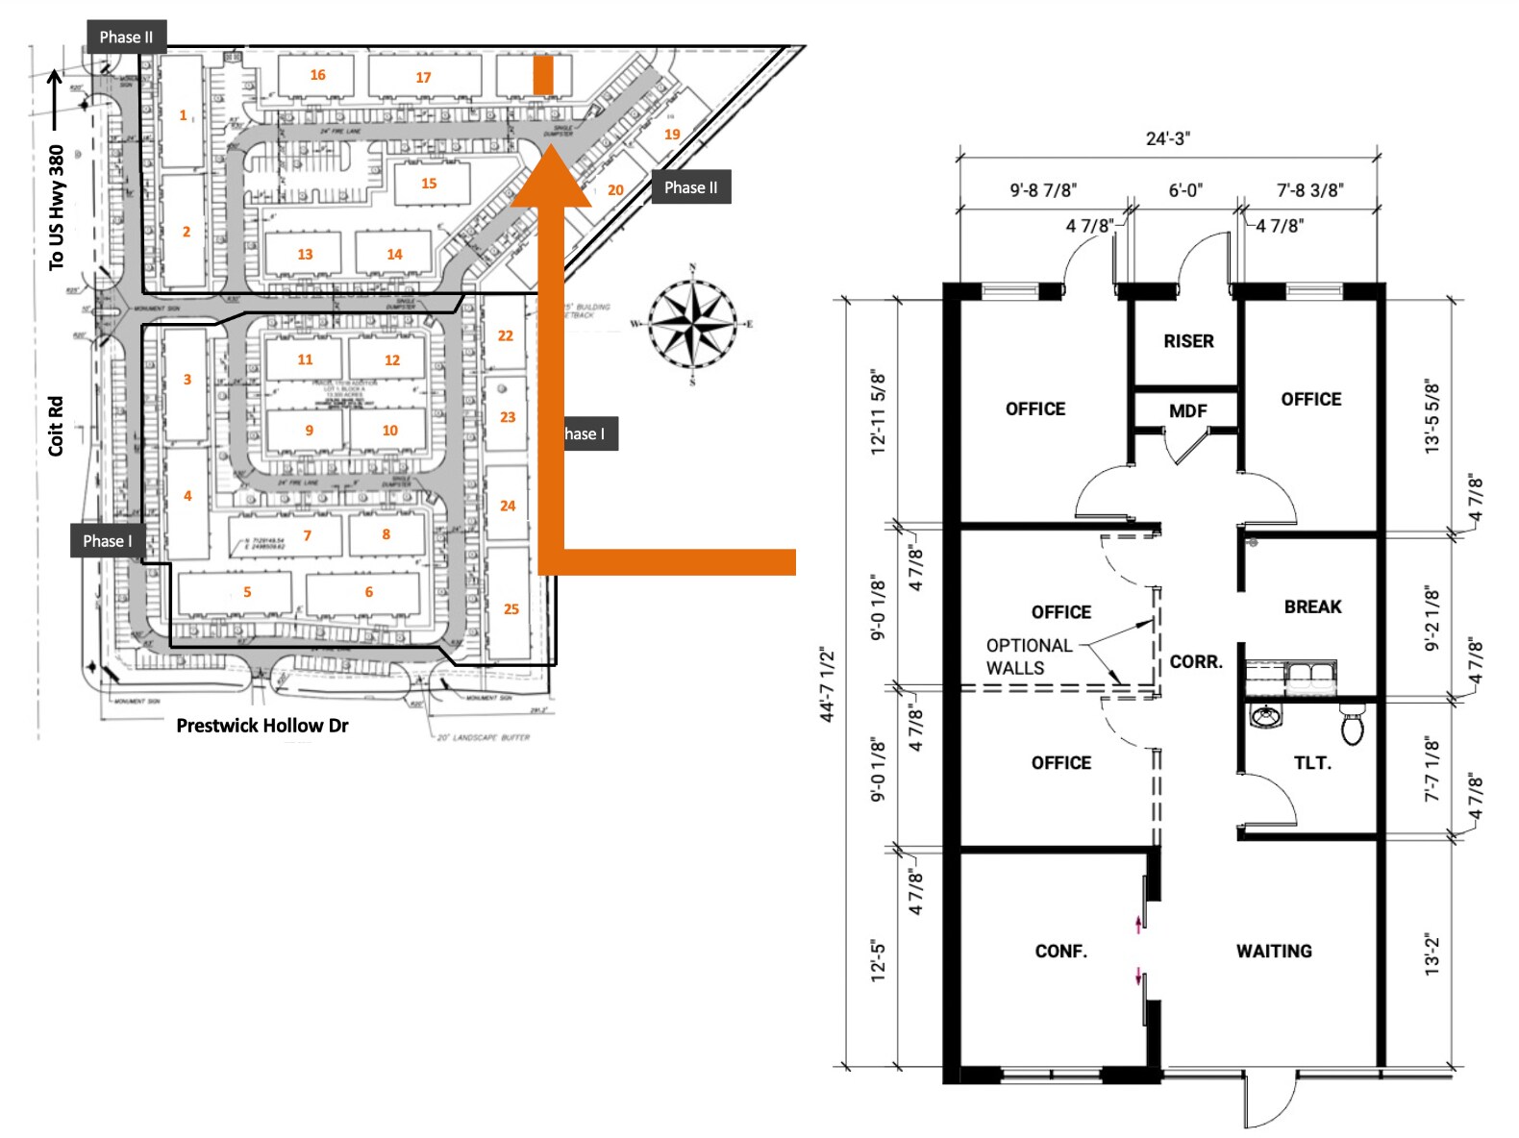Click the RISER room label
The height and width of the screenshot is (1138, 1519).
click(1188, 341)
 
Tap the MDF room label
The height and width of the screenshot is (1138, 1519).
click(1187, 410)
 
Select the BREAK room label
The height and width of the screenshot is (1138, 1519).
click(1312, 606)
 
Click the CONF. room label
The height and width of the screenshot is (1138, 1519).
click(1060, 951)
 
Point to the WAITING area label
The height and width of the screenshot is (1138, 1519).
click(1274, 951)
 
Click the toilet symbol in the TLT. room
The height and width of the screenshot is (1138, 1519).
click(1353, 725)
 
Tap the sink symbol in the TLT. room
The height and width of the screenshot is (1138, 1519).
click(1266, 716)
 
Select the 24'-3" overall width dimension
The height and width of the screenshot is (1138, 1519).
click(1167, 138)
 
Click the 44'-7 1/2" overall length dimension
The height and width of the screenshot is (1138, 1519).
click(828, 684)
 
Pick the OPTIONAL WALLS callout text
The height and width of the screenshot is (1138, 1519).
click(1028, 656)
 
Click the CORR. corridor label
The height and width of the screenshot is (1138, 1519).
click(1196, 661)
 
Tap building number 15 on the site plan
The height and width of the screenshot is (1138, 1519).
click(429, 183)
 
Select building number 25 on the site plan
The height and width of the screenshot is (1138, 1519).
click(510, 608)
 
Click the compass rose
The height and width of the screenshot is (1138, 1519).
click(692, 324)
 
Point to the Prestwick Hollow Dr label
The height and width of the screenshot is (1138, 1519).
click(261, 726)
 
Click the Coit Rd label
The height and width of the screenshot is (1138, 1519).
click(56, 425)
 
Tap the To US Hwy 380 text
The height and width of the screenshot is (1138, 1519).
click(57, 207)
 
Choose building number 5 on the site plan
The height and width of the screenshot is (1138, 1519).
click(247, 592)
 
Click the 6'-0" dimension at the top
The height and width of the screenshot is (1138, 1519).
click(1184, 190)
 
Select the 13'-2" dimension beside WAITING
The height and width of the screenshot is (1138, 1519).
click(1433, 953)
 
